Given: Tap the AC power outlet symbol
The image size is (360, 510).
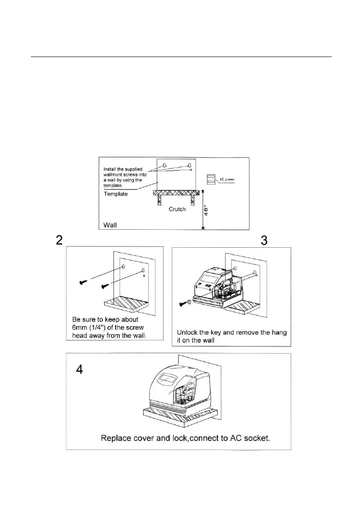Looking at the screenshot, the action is (211, 179).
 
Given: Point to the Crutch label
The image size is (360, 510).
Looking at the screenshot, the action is (177, 210).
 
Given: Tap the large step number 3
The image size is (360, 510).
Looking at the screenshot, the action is (264, 240).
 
